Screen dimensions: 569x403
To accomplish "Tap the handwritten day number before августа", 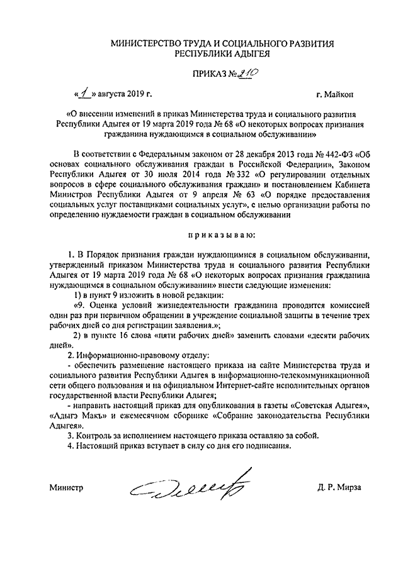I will [x=82, y=94].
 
